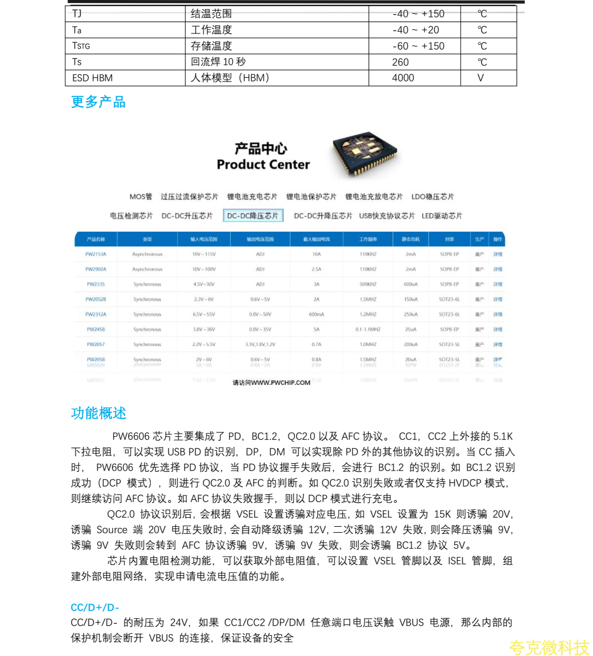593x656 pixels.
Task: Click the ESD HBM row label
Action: (x=92, y=78)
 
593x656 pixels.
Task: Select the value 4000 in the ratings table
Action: (x=403, y=78)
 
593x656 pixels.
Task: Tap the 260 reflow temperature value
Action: (x=400, y=62)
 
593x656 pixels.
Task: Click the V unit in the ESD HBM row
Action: (x=481, y=78)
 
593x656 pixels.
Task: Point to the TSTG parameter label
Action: (x=81, y=46)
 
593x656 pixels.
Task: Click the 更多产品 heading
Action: (x=98, y=102)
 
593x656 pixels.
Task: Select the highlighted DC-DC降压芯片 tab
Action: (x=253, y=216)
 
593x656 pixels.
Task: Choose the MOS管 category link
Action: (x=141, y=197)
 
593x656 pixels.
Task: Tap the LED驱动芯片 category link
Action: (x=442, y=216)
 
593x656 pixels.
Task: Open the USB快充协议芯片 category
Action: (x=387, y=216)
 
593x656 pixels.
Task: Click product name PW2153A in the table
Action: (x=96, y=254)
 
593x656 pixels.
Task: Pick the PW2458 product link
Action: (x=96, y=329)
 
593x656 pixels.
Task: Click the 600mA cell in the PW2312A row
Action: (x=317, y=314)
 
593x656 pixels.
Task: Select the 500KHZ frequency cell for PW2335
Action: (x=367, y=284)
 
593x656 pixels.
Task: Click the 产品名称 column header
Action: (x=96, y=239)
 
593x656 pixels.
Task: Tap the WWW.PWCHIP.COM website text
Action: (x=281, y=382)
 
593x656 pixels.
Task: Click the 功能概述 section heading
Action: (x=98, y=414)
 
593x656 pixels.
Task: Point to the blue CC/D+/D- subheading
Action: (x=95, y=608)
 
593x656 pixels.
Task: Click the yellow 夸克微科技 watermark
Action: (x=549, y=648)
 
